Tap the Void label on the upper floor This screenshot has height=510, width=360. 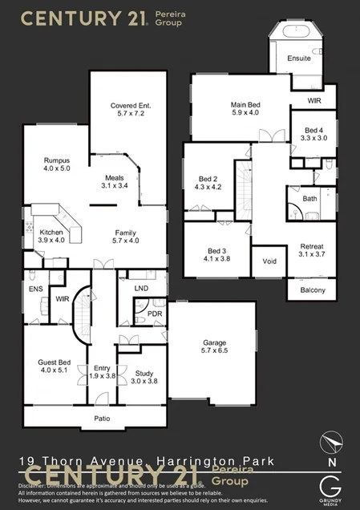269,261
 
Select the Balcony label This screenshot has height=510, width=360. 313,289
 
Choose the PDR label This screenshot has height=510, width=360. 155,314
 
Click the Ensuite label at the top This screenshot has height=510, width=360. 300,59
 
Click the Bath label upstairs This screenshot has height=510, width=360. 309,198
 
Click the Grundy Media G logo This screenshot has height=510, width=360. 331,487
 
